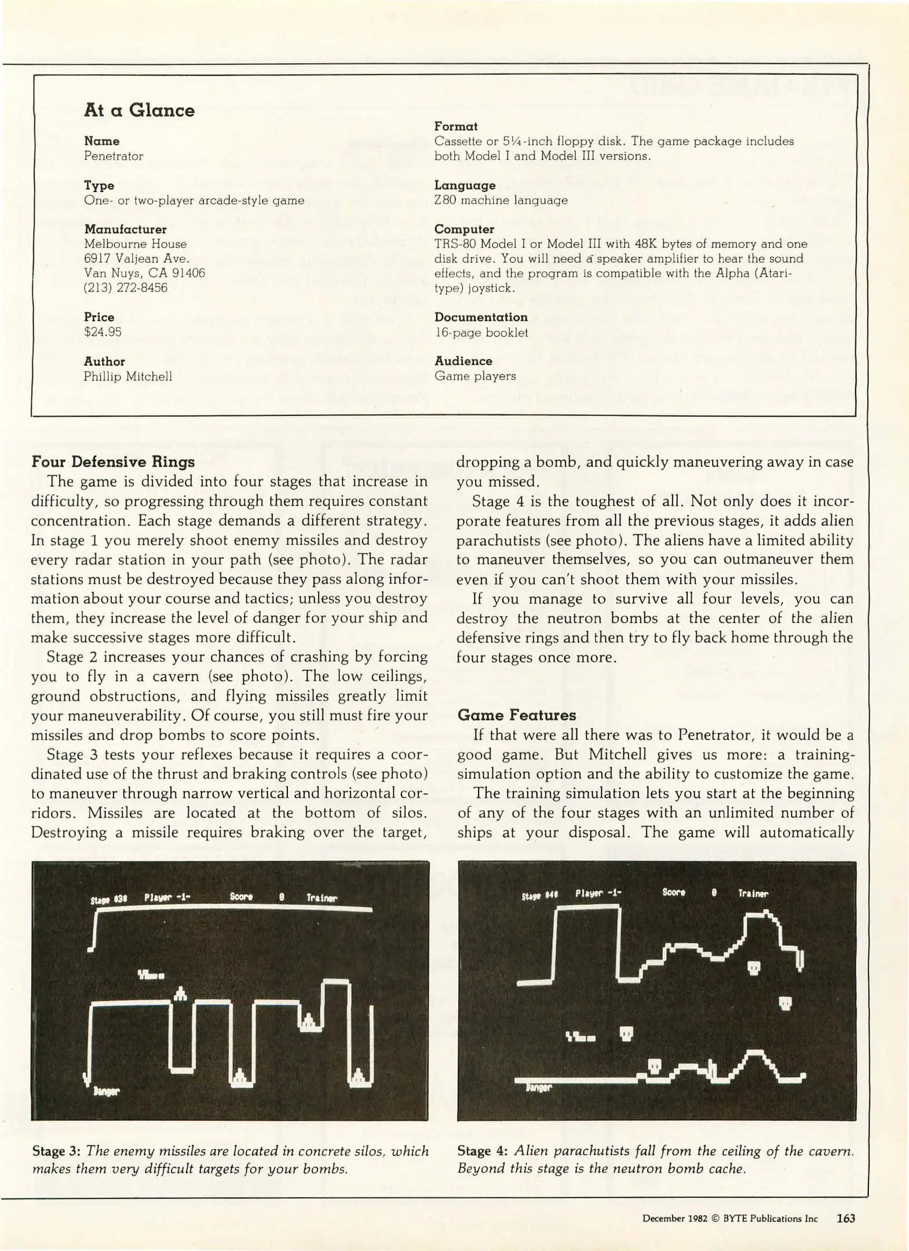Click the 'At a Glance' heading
pyautogui.click(x=139, y=110)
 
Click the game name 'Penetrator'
pyautogui.click(x=114, y=156)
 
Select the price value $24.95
pyautogui.click(x=103, y=332)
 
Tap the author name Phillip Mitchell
pyautogui.click(x=127, y=376)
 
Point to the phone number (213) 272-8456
pyautogui.click(x=126, y=288)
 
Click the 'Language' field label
pyautogui.click(x=465, y=185)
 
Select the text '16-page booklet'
pyautogui.click(x=481, y=332)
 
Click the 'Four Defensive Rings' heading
pyautogui.click(x=113, y=462)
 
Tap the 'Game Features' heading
pyautogui.click(x=516, y=715)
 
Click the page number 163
pyautogui.click(x=845, y=1218)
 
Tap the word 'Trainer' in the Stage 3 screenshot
pyautogui.click(x=322, y=898)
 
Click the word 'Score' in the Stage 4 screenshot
pyautogui.click(x=673, y=892)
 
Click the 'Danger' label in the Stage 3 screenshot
pyautogui.click(x=106, y=1091)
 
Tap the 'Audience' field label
pyautogui.click(x=463, y=361)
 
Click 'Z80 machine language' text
pyautogui.click(x=501, y=200)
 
